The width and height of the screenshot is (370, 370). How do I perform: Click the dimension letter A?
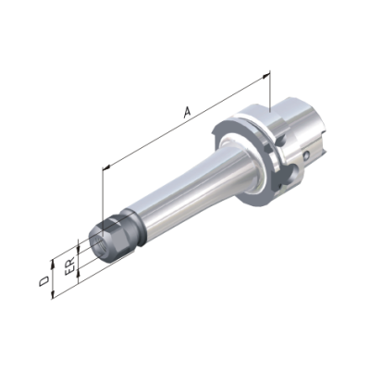coord(187,112)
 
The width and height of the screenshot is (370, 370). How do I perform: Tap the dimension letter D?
coord(44,280)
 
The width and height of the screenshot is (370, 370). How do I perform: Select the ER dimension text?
coord(70,265)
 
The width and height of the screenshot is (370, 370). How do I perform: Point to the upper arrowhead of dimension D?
coord(53,263)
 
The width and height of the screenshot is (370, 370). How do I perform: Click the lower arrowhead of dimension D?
coord(53,295)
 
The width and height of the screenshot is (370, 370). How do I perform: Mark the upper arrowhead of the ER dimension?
coord(79,248)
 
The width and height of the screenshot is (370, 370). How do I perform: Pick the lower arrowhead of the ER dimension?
coord(79,272)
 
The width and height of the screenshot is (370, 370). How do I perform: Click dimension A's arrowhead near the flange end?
coord(265,76)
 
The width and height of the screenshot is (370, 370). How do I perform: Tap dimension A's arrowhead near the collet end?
coord(106,167)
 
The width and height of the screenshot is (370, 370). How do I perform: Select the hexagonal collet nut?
coord(113,239)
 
